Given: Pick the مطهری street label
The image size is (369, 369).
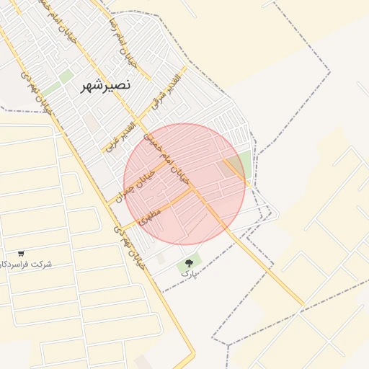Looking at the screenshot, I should click(x=152, y=215).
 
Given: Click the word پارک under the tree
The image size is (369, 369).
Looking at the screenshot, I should click(x=188, y=275).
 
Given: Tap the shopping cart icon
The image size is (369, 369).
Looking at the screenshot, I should click(x=21, y=254).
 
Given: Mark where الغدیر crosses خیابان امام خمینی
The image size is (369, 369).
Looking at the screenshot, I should click(x=140, y=121).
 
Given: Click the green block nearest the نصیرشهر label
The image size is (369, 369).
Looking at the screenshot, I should click(x=66, y=76).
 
